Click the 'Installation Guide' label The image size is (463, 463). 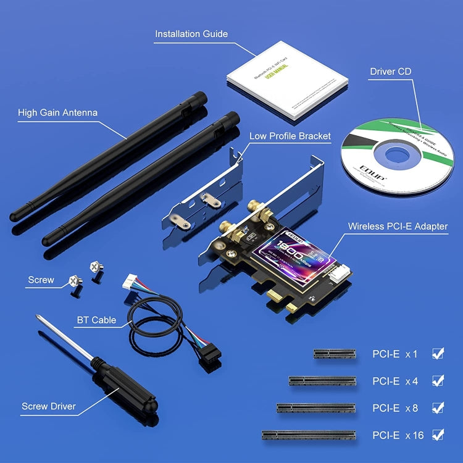coord(191,34)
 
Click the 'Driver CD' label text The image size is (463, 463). coord(391,72)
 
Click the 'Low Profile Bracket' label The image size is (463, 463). coord(290,136)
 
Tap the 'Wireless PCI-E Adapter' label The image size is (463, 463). coord(398,226)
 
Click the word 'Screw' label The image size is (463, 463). coord(41,280)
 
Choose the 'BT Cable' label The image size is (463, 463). coord(96,320)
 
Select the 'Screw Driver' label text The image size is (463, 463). coord(49,406)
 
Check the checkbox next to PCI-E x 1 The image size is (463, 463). coord(438,354)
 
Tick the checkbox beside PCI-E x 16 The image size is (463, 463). coord(438,435)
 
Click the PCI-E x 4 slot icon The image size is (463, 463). coord(322,381)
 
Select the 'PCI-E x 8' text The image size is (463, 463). coord(398,408)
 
